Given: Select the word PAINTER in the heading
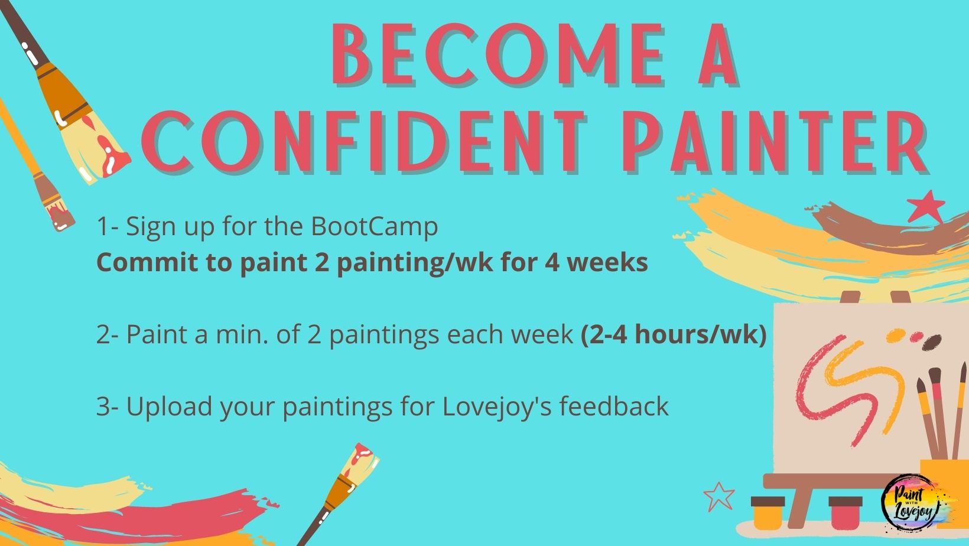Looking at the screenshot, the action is click(x=775, y=141).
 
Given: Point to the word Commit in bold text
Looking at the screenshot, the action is click(x=147, y=262).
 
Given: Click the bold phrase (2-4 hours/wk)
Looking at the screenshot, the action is click(x=674, y=335).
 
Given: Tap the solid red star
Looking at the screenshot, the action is click(x=925, y=207).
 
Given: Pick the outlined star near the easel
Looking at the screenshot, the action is click(x=719, y=496).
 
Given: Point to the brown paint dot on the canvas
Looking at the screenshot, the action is click(x=931, y=342).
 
